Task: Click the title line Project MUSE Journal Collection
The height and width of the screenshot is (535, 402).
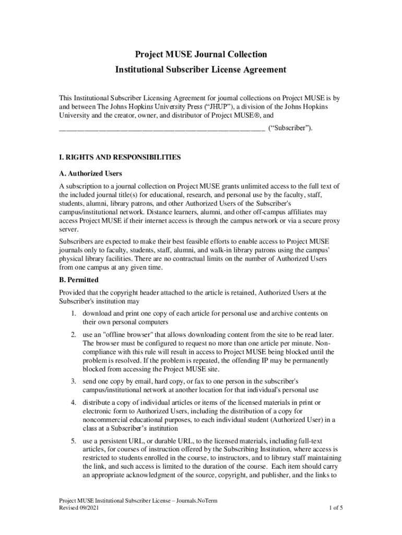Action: point(201,54)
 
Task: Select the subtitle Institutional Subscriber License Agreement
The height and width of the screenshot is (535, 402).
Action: point(201,69)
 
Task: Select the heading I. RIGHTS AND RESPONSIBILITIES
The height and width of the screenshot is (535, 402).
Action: point(120,157)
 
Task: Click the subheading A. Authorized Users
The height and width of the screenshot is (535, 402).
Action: point(91,173)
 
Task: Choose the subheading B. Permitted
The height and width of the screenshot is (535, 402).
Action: point(79,280)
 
